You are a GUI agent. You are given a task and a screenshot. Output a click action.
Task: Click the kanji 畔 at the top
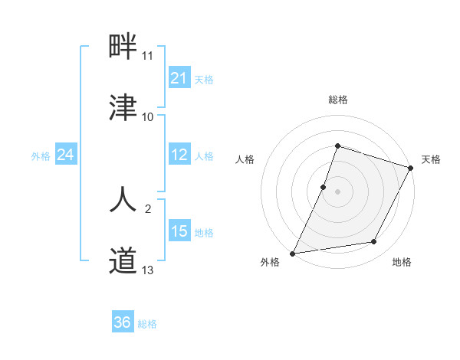(123, 47)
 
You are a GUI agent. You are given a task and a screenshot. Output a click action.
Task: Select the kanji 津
(123, 106)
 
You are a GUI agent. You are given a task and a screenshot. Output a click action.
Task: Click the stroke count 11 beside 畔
(148, 56)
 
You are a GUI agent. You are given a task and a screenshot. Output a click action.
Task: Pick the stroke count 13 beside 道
(148, 270)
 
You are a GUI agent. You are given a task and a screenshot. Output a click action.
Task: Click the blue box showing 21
(179, 78)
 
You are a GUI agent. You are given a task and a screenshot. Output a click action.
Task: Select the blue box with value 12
(179, 155)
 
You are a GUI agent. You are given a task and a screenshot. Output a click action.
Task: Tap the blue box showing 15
(179, 231)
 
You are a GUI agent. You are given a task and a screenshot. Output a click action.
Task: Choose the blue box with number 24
(66, 155)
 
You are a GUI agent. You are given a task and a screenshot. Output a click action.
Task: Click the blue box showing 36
(123, 322)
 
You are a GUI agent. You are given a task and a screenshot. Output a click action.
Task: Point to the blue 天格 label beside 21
(204, 79)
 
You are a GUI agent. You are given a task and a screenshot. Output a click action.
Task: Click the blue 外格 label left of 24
(41, 156)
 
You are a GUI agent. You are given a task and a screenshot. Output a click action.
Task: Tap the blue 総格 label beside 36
(147, 324)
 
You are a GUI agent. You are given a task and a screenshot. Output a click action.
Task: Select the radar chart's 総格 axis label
(338, 100)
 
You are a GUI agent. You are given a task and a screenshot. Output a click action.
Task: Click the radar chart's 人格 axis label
(245, 159)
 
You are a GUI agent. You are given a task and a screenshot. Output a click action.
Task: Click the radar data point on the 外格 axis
(293, 253)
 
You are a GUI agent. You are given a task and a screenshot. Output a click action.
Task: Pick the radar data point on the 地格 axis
(374, 242)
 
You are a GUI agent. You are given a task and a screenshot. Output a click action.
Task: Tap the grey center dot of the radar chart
(338, 191)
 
